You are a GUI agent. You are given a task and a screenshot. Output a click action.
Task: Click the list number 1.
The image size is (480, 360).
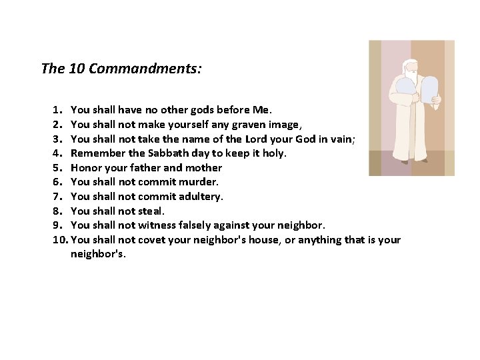click(x=57, y=109)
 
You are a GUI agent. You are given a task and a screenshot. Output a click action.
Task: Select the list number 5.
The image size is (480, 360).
click(x=57, y=168)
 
